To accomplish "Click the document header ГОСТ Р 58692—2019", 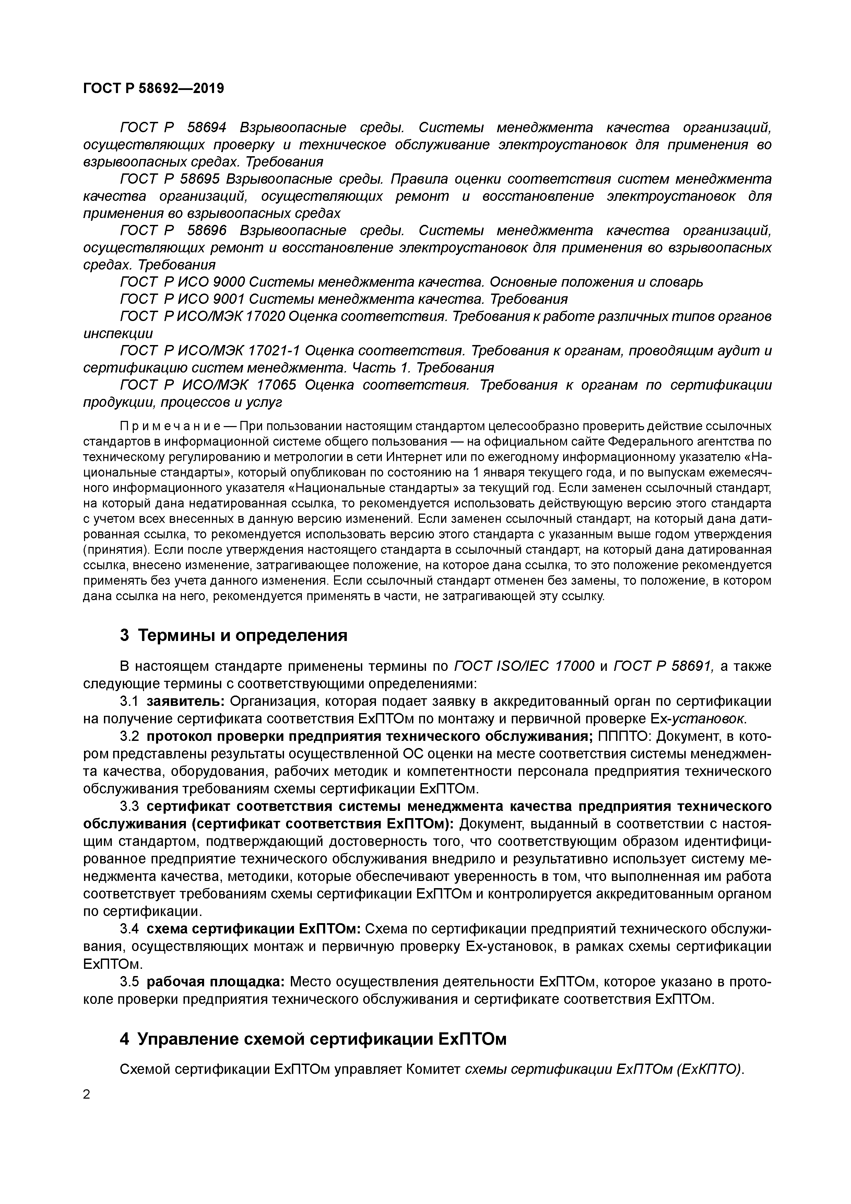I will click(153, 88).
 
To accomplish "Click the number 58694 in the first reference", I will click(206, 127).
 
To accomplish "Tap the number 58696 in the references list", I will click(206, 230).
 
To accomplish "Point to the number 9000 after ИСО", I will click(229, 282).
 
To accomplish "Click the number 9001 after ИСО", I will click(229, 299).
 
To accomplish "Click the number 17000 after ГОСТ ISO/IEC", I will click(574, 666).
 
